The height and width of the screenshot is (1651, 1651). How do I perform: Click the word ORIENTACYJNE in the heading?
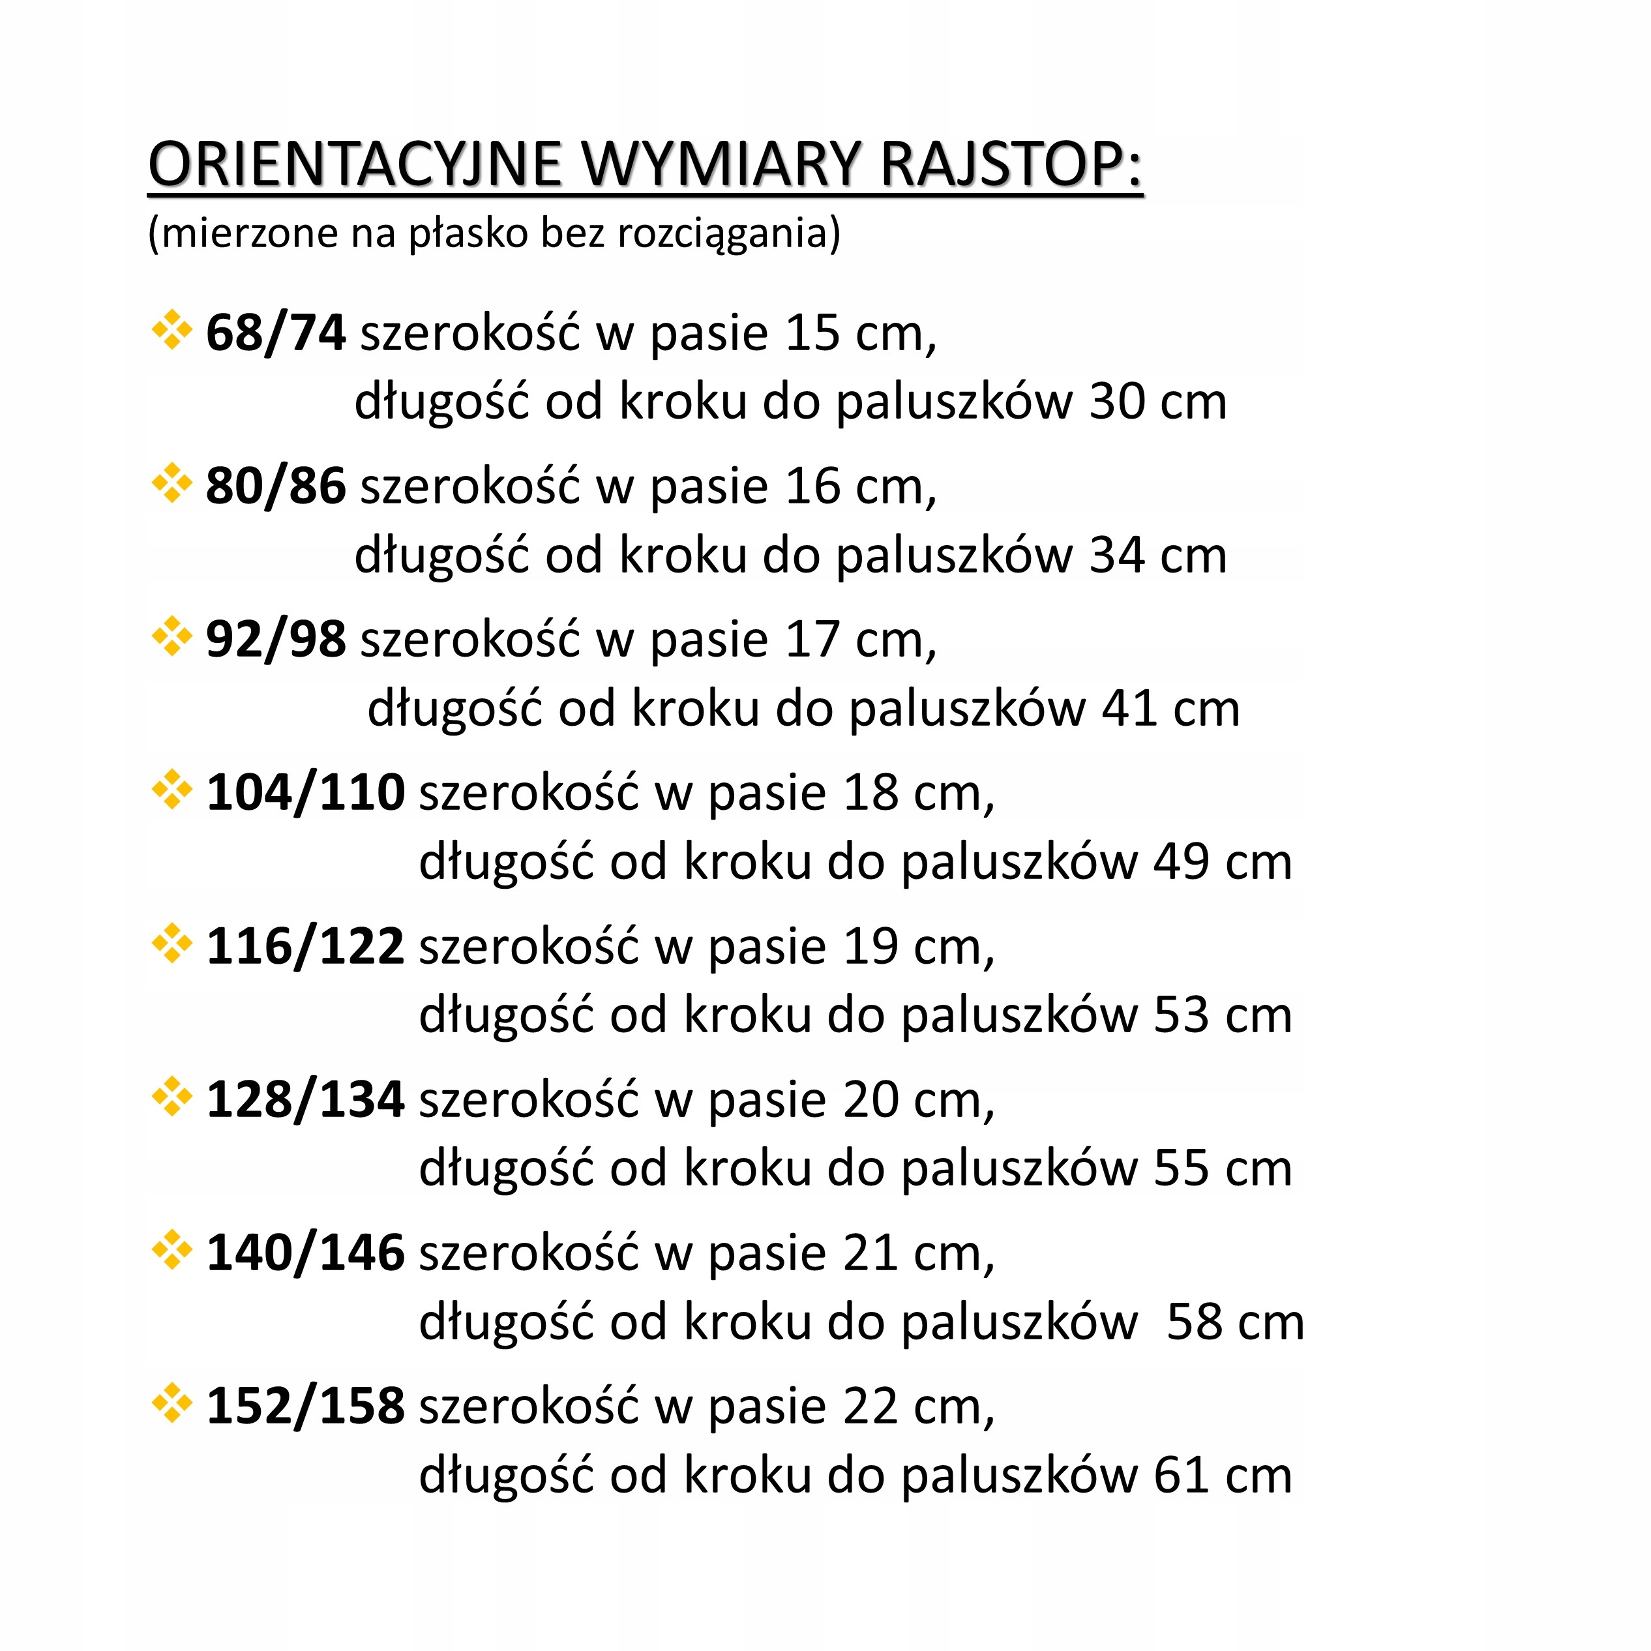pos(355,164)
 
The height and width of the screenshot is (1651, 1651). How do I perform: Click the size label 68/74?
pos(275,333)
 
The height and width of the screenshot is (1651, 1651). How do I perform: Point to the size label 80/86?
pos(275,486)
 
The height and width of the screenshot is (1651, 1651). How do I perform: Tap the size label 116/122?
pos(305,946)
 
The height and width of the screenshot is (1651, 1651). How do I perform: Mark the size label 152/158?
pos(305,1406)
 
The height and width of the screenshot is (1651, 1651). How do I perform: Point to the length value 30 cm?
pos(1157,402)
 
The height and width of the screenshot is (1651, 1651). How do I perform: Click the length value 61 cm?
pos(1222,1475)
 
